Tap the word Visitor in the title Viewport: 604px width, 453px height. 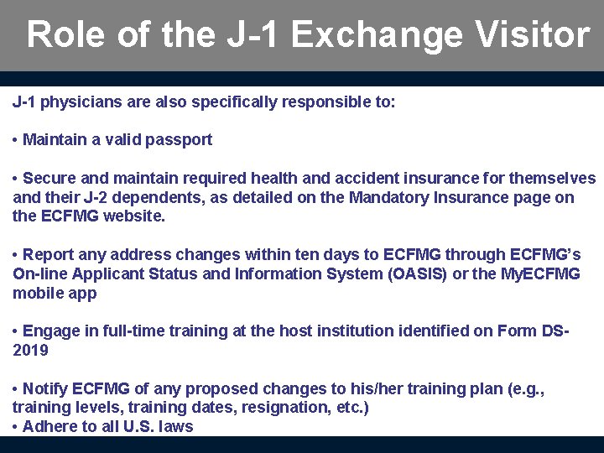point(533,35)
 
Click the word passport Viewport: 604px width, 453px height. point(179,140)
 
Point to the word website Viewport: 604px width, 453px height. point(135,216)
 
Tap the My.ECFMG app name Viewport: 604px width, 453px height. point(541,274)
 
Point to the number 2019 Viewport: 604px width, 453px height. point(31,350)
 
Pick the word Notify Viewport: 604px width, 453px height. point(45,389)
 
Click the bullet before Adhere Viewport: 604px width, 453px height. point(16,427)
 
